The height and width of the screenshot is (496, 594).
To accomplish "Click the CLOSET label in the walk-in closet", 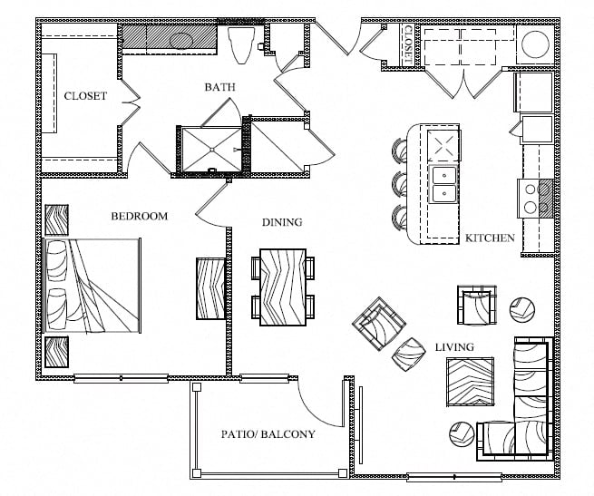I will click(x=85, y=96).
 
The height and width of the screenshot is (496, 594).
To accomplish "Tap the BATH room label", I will click(x=219, y=87).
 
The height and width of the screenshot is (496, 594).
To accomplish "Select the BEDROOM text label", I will click(x=140, y=216).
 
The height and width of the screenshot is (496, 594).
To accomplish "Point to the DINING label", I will click(x=282, y=222).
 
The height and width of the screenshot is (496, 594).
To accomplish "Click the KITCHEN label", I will click(x=490, y=238).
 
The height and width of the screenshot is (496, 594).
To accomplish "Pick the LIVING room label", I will click(x=455, y=347).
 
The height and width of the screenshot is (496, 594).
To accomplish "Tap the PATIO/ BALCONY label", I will click(x=268, y=434).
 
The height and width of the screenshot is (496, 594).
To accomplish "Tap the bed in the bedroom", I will click(x=93, y=287).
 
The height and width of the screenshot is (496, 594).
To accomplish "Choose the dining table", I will click(x=282, y=287).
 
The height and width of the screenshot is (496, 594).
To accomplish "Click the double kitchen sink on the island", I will click(x=444, y=184).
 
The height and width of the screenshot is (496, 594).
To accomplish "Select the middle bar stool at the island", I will click(x=400, y=183).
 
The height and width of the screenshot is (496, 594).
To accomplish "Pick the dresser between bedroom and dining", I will click(x=210, y=287).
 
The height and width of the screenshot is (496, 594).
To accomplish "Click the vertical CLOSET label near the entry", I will click(x=408, y=44).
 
